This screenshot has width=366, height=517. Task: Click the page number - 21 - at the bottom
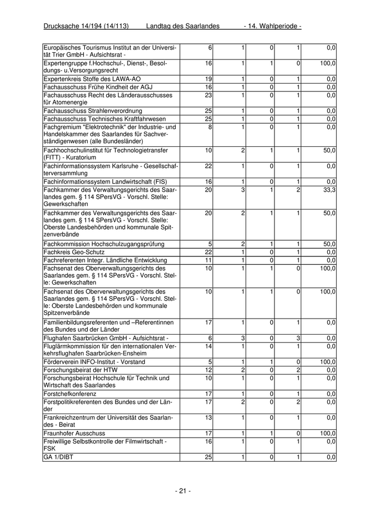pyautogui.click(x=182, y=491)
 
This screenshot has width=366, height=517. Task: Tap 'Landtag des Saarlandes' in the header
pyautogui.click(x=182, y=26)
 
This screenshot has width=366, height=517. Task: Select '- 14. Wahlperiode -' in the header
pyautogui.click(x=272, y=26)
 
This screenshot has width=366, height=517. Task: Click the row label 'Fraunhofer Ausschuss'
pyautogui.click(x=74, y=433)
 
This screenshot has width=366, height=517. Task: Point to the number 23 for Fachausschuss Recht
pyautogui.click(x=208, y=95)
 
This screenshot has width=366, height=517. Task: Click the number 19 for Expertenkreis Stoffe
pyautogui.click(x=208, y=79)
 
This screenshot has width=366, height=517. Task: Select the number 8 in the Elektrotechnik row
pyautogui.click(x=210, y=127)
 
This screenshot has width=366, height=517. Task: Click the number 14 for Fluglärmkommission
pyautogui.click(x=208, y=346)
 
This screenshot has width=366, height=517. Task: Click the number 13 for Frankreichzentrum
pyautogui.click(x=208, y=417)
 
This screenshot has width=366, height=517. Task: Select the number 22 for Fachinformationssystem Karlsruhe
pyautogui.click(x=208, y=166)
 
